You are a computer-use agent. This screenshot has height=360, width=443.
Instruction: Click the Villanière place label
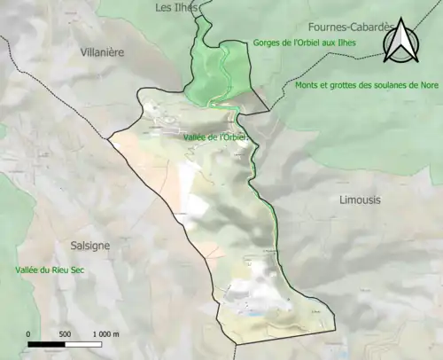pos(101,52)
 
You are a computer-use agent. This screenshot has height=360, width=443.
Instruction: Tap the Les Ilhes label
pos(175,8)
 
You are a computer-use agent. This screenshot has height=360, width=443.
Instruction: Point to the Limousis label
pos(360,200)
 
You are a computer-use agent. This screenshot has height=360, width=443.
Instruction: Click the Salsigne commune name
pos(90,246)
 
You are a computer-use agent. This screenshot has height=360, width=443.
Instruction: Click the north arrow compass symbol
pos(401,41)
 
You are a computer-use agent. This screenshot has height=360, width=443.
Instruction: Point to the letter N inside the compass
pos(401,44)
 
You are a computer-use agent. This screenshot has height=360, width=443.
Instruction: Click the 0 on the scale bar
pos(28,333)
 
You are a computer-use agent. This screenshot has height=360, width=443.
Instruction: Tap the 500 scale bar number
pos(65,333)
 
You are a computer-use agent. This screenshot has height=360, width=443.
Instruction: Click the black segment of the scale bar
pos(46,343)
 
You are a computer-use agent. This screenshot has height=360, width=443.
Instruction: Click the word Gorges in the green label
pos(268,43)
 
